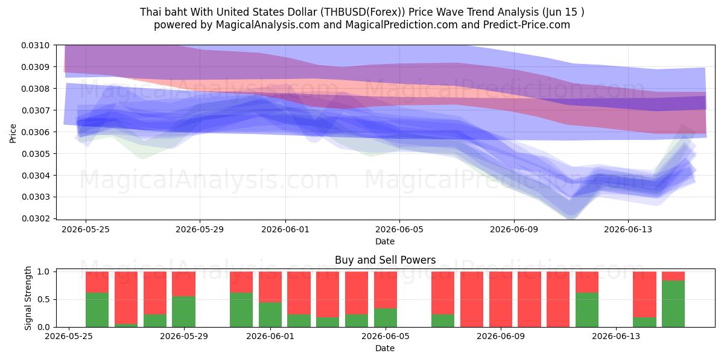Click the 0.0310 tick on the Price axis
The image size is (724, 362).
[36, 45]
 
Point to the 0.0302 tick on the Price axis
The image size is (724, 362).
[36, 218]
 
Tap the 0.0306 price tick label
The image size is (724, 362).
[36, 132]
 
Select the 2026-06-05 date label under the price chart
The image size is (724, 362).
[399, 229]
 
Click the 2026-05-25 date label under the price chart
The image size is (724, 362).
[86, 229]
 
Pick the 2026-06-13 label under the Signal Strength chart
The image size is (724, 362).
[616, 337]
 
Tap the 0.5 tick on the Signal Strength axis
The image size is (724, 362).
[43, 300]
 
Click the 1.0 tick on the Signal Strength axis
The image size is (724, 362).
[43, 272]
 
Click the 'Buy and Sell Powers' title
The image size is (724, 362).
[386, 260]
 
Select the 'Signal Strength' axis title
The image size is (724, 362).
[28, 298]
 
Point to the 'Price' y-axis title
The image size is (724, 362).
[13, 133]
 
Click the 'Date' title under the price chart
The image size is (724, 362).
[385, 241]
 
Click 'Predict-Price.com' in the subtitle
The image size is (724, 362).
[527, 25]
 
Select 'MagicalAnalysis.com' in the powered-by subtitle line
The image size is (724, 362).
[268, 25]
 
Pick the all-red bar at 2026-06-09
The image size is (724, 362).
[501, 299]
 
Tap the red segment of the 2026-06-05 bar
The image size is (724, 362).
[386, 290]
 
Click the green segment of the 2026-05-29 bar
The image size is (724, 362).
[183, 311]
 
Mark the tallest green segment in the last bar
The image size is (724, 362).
[673, 304]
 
